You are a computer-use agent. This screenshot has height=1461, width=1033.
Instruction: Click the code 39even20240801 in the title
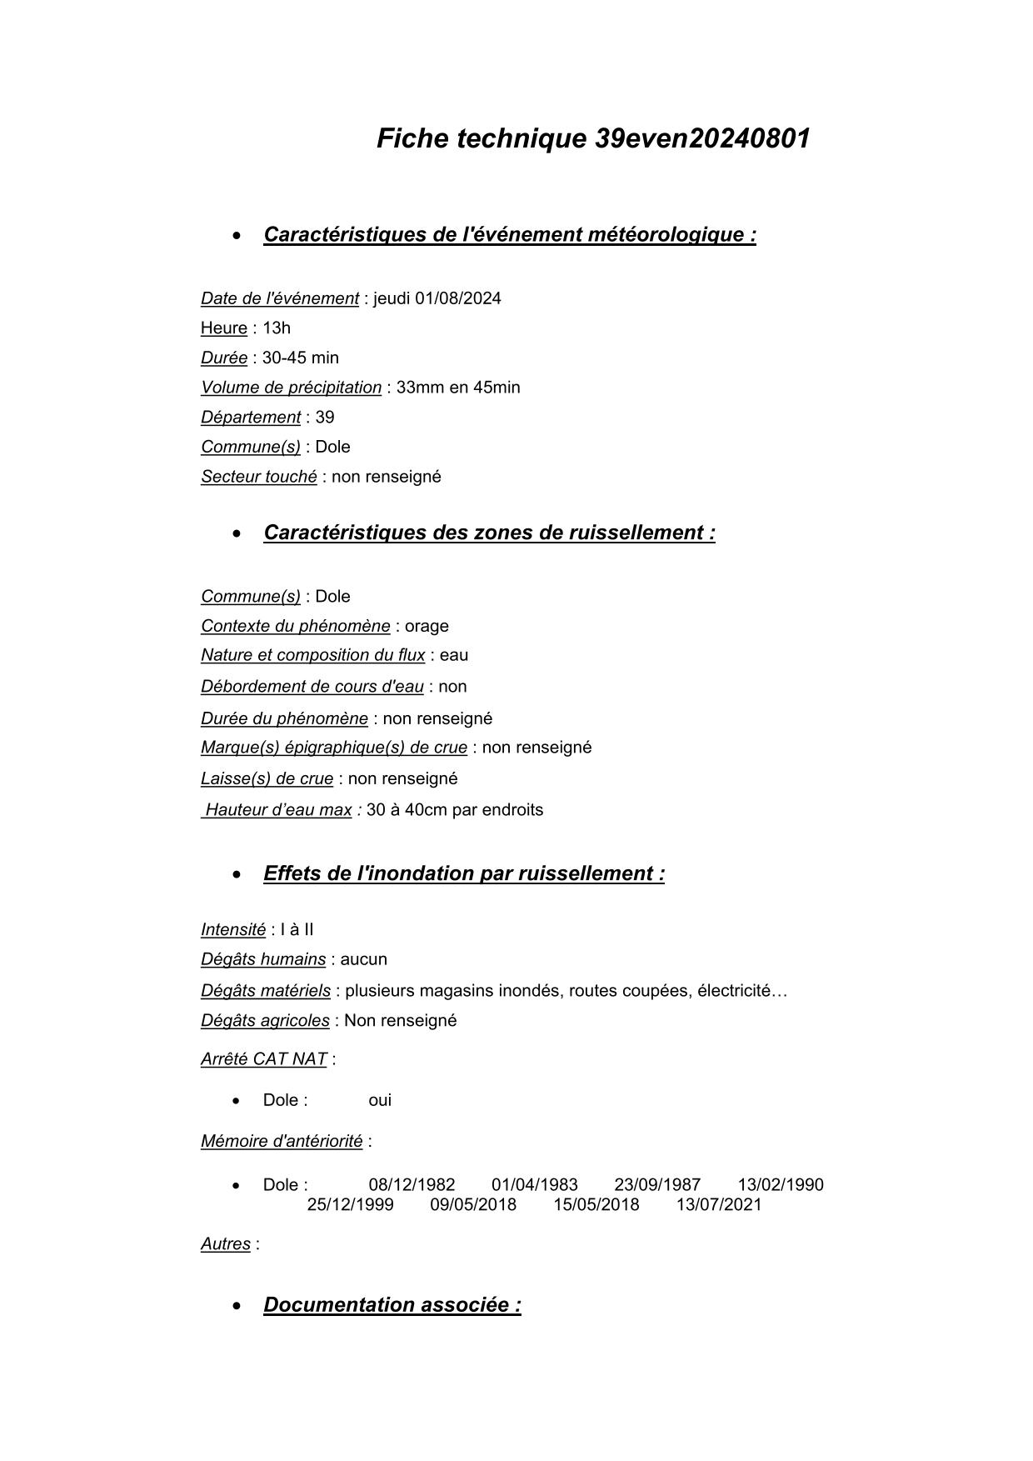coord(702,138)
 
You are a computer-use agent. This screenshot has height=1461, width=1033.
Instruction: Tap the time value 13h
coord(277,328)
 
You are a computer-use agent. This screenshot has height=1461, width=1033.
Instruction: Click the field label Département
coord(251,418)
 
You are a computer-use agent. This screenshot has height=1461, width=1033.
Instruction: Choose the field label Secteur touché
coord(259,477)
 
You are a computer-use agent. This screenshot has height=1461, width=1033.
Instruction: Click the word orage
coord(427,626)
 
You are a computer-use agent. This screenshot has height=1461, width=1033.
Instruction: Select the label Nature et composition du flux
coord(312,655)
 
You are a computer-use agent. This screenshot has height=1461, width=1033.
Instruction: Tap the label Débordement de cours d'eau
coord(312,687)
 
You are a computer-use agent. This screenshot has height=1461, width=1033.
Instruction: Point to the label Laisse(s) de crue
coord(267,778)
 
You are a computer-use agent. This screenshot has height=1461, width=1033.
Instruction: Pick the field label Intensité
coord(233,930)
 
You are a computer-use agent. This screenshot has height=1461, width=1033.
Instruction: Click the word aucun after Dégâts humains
coord(364,959)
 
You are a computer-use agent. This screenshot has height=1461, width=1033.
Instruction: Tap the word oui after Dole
coord(380,1100)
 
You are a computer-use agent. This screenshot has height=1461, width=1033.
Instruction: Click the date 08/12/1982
coord(412,1185)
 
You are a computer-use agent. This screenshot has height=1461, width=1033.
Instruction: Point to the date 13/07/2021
coord(719,1205)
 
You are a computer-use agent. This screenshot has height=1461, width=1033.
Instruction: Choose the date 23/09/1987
coord(657,1185)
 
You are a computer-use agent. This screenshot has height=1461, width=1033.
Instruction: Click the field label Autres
coord(226,1244)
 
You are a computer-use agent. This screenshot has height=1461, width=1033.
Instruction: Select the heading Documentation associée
coord(392,1305)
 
